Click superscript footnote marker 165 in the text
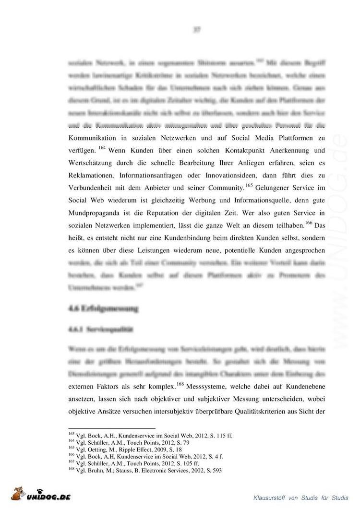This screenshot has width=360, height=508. (x=250, y=184)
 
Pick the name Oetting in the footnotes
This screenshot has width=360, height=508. (x=92, y=449)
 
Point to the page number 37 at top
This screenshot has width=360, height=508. (x=196, y=29)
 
